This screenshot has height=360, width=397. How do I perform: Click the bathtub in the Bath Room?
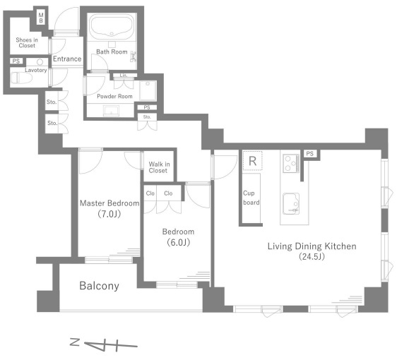click(x=112, y=26)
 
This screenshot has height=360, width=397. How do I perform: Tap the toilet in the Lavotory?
click(x=21, y=78)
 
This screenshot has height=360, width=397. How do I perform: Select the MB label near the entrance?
click(x=41, y=18)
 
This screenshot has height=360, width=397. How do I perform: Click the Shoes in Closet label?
click(x=27, y=43)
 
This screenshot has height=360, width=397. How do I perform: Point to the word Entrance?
click(x=67, y=59)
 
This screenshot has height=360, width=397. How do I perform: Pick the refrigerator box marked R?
click(x=252, y=161)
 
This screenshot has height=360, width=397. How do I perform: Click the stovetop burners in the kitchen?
click(x=291, y=164)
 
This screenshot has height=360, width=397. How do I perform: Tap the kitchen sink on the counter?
click(x=291, y=204)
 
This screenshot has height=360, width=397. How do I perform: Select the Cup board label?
click(x=251, y=198)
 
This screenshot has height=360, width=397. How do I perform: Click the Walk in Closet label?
click(x=159, y=167)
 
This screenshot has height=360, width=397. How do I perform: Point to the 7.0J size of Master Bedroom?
click(x=109, y=215)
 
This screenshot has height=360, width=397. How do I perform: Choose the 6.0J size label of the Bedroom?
click(x=179, y=243)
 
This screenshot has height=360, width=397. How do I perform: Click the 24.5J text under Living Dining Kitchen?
click(x=312, y=256)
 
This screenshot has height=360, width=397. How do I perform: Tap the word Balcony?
click(x=99, y=286)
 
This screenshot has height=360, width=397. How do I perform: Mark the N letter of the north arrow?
click(x=75, y=342)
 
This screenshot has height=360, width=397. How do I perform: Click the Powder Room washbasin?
click(x=111, y=111)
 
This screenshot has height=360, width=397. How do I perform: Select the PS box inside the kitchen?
click(x=310, y=154)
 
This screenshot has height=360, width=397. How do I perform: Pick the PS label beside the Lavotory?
click(x=16, y=61)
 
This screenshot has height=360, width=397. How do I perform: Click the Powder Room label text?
click(x=114, y=96)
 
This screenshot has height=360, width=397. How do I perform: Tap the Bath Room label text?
click(x=112, y=52)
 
